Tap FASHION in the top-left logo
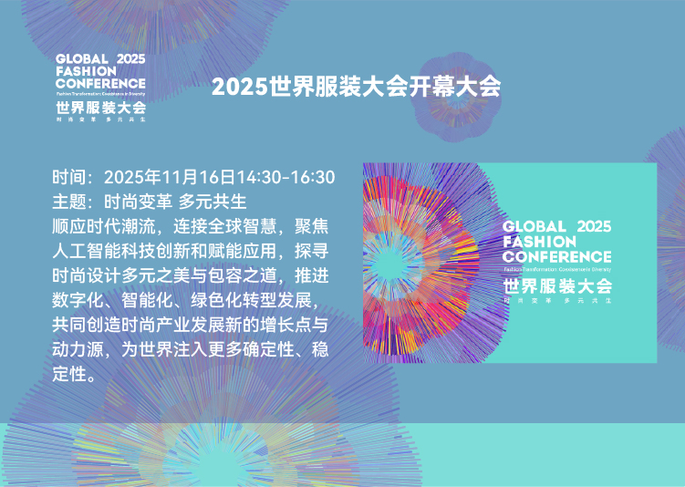pos(86,70)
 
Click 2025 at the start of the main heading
pos(233,88)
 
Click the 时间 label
pos(70,176)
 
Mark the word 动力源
pos(79,349)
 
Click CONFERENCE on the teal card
pos(556,256)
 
